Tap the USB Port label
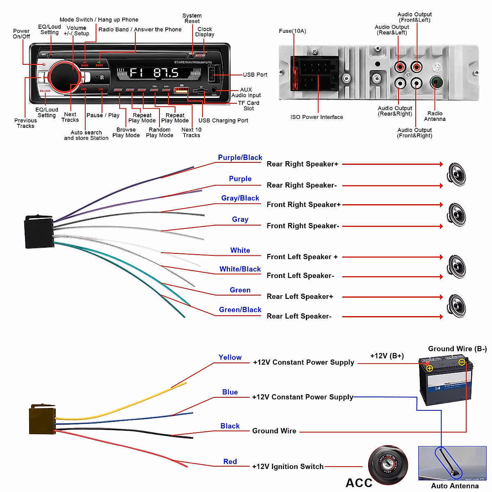[x=255, y=75]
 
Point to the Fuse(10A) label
[x=292, y=31]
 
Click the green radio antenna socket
[x=436, y=82]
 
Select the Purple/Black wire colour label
[x=240, y=158]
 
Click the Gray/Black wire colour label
[x=240, y=198]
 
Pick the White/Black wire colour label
[x=240, y=269]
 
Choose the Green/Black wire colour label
[x=240, y=310]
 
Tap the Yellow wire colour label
[x=230, y=358]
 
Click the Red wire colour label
[x=230, y=462]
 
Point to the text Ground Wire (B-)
[x=457, y=349]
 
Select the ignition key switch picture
[x=388, y=465]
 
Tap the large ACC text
[x=359, y=483]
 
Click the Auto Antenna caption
[x=455, y=486]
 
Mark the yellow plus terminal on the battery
[x=429, y=368]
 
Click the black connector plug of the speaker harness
[x=39, y=232]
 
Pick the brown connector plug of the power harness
[x=42, y=419]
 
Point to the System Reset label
[x=192, y=18]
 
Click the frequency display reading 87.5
[x=166, y=73]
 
